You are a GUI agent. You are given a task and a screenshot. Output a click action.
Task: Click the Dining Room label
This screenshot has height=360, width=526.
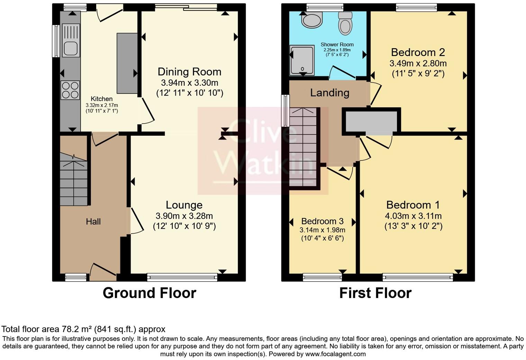(x=190, y=72)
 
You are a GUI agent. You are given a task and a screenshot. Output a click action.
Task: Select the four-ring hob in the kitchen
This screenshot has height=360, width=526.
(x=70, y=90)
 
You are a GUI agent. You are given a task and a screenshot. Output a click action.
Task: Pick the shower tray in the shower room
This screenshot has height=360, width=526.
(x=302, y=60)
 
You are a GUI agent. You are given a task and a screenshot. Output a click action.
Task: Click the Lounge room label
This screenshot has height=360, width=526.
(x=184, y=205)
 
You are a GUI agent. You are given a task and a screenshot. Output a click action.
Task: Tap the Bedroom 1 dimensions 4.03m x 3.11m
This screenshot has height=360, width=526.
(x=413, y=216)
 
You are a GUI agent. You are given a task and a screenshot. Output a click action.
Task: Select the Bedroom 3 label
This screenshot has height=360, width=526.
(x=323, y=221)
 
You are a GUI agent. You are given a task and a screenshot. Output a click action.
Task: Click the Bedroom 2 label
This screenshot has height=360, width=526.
(x=418, y=52)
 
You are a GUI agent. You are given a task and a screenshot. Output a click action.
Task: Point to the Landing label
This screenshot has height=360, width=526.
(x=330, y=93)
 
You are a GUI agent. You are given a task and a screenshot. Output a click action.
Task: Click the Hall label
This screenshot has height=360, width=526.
(x=93, y=222)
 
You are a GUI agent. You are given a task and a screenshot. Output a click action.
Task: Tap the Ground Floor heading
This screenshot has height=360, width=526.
(x=149, y=293)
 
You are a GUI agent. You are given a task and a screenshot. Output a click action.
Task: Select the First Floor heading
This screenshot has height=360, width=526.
(x=375, y=293)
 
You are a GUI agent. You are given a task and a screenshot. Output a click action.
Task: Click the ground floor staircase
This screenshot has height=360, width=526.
(x=74, y=179)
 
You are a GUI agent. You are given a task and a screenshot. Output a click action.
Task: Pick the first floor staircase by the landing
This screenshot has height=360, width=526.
(x=303, y=147)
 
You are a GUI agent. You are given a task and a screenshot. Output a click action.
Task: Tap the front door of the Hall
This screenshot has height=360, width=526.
(x=103, y=273)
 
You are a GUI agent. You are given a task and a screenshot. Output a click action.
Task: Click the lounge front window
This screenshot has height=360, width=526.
(x=182, y=277)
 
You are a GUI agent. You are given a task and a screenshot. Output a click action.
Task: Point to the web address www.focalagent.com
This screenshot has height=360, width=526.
(x=335, y=354)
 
